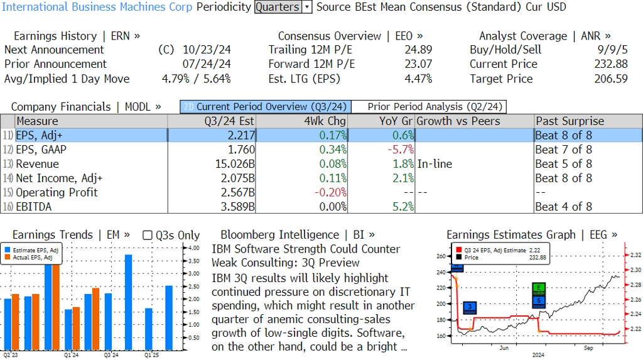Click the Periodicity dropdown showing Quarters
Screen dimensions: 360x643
click(283, 7)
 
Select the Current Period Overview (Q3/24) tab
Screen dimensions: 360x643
click(265, 107)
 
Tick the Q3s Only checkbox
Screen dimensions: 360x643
click(148, 235)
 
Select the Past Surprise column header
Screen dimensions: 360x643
click(570, 121)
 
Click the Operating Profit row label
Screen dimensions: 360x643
click(57, 192)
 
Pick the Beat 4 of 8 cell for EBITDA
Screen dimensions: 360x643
click(563, 207)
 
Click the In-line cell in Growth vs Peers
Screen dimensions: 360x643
click(435, 164)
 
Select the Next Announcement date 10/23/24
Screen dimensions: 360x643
click(207, 50)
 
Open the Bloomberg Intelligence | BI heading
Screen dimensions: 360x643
click(298, 235)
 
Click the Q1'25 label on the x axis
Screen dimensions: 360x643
click(151, 355)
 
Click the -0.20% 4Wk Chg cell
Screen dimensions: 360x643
click(329, 192)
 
